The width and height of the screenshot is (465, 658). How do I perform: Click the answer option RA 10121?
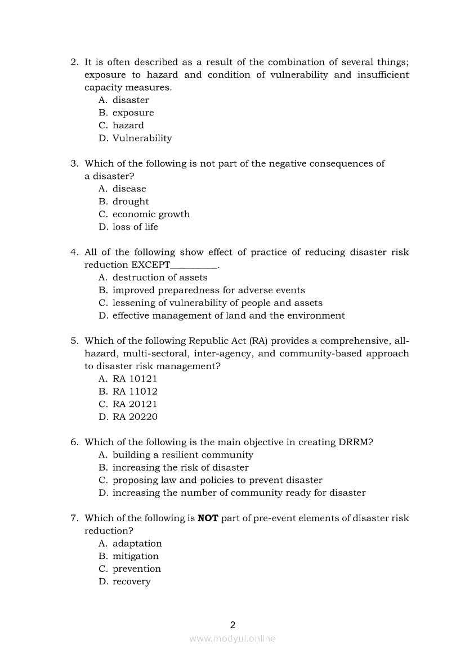pyautogui.click(x=135, y=379)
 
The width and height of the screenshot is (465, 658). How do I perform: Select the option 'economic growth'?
pyautogui.click(x=151, y=214)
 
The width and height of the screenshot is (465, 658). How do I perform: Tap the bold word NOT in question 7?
pyautogui.click(x=208, y=518)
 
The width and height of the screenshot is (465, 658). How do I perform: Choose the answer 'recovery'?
pyautogui.click(x=131, y=582)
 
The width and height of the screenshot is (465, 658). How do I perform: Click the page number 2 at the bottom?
pyautogui.click(x=232, y=625)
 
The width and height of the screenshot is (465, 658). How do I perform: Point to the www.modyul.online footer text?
pyautogui.click(x=232, y=639)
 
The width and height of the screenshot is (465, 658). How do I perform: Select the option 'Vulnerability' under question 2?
pyautogui.click(x=142, y=138)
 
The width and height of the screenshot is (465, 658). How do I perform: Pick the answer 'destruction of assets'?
pyautogui.click(x=159, y=277)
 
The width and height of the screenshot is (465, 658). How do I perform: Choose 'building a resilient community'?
pyautogui.click(x=182, y=455)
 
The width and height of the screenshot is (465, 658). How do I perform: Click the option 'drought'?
pyautogui.click(x=131, y=202)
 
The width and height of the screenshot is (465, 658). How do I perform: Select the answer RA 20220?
pyautogui.click(x=135, y=417)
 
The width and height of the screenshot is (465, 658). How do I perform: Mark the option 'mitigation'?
pyautogui.click(x=135, y=557)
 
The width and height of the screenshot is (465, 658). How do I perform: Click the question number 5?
pyautogui.click(x=74, y=341)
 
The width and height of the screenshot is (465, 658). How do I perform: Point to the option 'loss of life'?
pyautogui.click(x=135, y=227)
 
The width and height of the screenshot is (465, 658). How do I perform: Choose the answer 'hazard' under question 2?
pyautogui.click(x=128, y=126)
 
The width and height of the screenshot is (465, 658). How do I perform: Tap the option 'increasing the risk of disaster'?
pyautogui.click(x=180, y=468)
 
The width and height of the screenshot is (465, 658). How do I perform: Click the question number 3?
pyautogui.click(x=74, y=164)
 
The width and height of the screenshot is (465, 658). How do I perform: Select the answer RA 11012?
pyautogui.click(x=135, y=392)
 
